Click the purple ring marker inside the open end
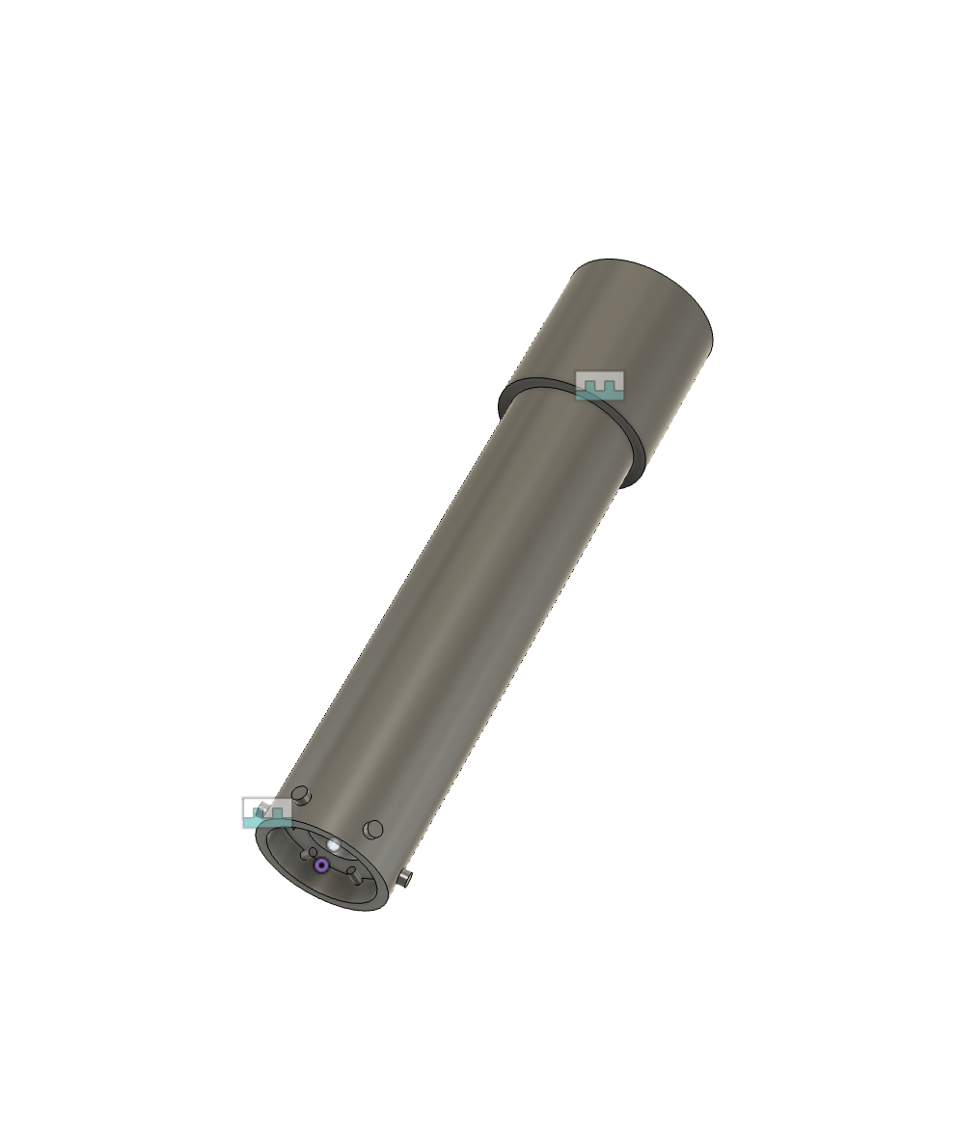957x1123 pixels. [321, 865]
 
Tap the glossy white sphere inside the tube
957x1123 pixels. [334, 846]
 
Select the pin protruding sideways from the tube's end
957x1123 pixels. [408, 878]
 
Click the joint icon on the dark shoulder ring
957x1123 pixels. [599, 385]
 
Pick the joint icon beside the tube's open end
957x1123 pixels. [266, 812]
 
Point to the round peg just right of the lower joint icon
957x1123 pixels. [302, 796]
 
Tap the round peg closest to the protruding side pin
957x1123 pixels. [372, 829]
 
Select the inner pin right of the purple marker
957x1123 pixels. [354, 876]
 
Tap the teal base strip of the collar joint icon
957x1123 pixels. [599, 395]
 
